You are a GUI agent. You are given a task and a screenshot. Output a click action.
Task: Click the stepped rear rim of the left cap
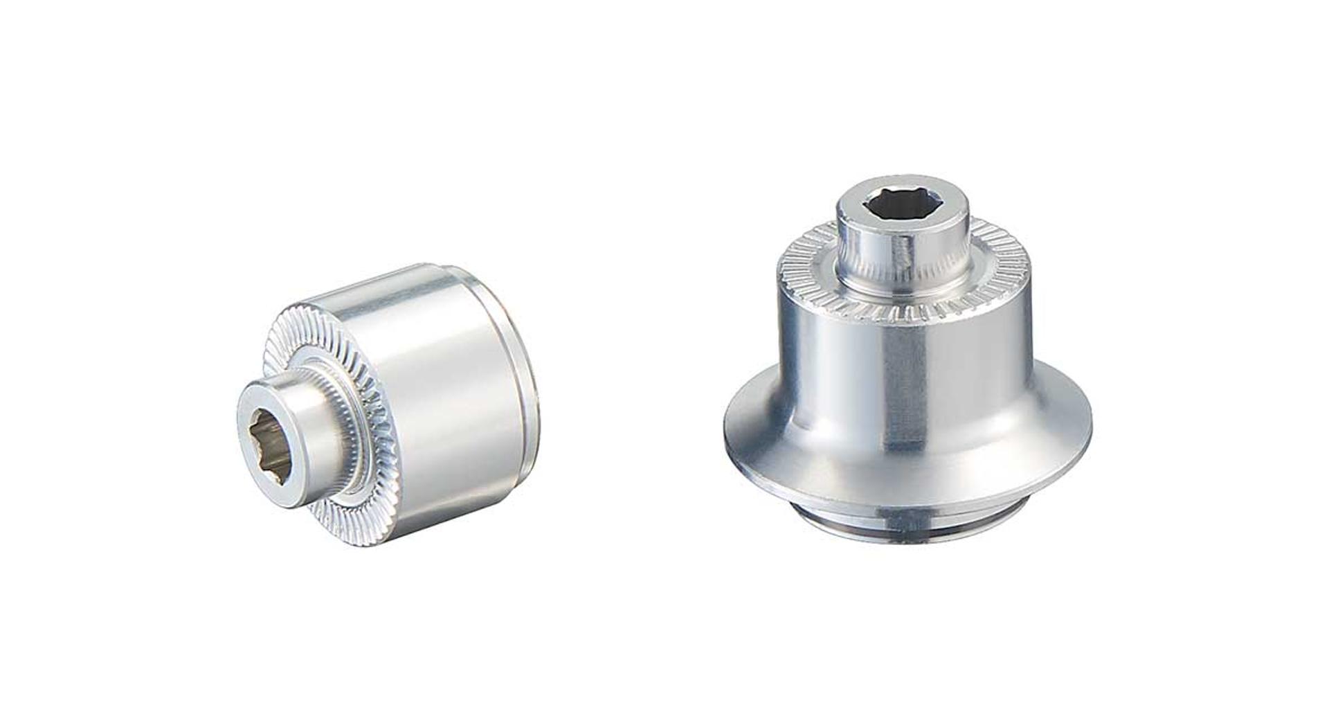[x=530, y=402]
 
